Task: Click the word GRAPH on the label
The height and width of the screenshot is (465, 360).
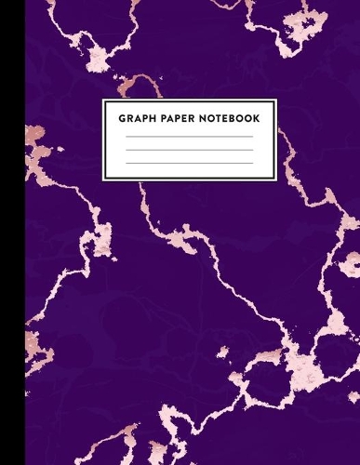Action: click(138, 118)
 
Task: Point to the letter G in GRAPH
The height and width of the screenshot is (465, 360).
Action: click(122, 118)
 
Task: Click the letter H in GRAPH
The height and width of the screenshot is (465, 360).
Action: click(153, 118)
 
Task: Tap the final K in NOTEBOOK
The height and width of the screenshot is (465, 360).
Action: click(257, 118)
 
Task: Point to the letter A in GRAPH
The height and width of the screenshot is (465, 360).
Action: click(138, 118)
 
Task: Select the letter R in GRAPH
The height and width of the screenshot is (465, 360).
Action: click(129, 118)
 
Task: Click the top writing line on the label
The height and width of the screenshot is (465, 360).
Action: click(189, 137)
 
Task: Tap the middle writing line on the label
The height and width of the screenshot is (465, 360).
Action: click(189, 150)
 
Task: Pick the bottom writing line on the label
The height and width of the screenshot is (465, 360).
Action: click(189, 164)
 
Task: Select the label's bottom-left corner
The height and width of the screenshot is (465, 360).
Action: click(102, 179)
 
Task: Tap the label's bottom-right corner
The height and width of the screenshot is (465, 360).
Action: click(277, 179)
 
